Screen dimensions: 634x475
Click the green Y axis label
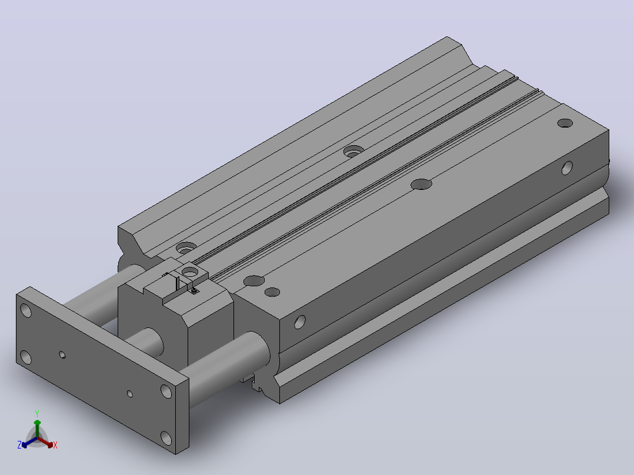click(37, 414)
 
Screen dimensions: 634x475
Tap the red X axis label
click(55, 445)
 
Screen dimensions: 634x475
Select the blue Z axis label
click(19, 445)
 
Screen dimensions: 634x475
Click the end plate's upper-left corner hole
click(26, 310)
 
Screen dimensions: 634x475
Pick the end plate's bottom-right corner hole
click(166, 437)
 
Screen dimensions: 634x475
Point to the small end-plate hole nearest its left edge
click(62, 355)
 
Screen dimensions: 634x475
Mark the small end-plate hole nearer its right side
click(130, 393)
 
